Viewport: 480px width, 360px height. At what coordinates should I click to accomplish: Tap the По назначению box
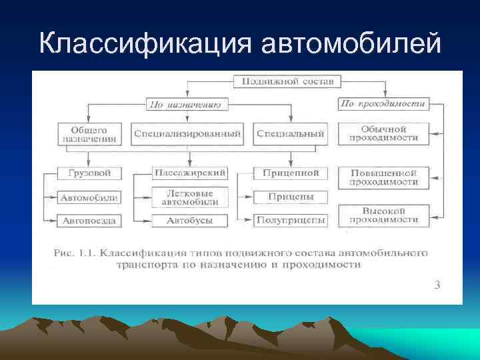(x=187, y=104)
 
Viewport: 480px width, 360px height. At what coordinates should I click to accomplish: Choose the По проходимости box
(x=383, y=103)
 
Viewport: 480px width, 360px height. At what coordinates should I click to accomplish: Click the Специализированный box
(x=187, y=134)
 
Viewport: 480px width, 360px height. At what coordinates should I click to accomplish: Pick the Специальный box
(x=291, y=134)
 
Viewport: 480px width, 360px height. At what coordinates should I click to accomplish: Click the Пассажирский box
(x=190, y=173)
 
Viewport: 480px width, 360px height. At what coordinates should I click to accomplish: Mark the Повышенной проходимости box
(x=384, y=177)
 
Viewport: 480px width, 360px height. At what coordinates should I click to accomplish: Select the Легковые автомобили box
(x=190, y=197)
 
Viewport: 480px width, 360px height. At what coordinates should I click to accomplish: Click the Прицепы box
(x=291, y=197)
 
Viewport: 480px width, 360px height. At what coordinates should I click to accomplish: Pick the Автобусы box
(x=190, y=219)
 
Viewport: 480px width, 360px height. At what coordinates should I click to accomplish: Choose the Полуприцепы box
(x=291, y=219)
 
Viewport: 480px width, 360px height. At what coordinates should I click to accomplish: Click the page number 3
(x=437, y=285)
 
